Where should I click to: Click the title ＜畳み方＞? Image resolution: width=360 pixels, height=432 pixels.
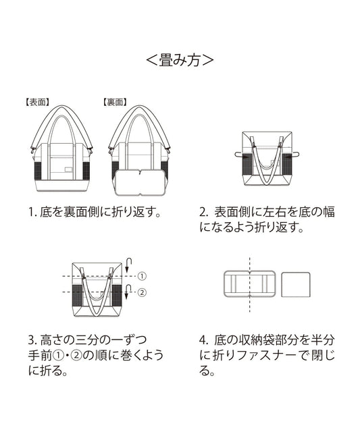pyautogui.click(x=180, y=60)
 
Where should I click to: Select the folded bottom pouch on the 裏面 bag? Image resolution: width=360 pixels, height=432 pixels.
pyautogui.click(x=140, y=182)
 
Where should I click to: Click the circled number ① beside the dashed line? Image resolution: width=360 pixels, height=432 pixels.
pyautogui.click(x=142, y=276)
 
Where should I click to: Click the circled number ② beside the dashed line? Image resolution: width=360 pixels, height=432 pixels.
pyautogui.click(x=142, y=292)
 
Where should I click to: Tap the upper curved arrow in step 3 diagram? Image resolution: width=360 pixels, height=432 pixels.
pyautogui.click(x=130, y=264)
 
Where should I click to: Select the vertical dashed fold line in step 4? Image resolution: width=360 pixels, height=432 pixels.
pyautogui.click(x=249, y=283)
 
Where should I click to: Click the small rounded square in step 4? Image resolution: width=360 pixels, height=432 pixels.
pyautogui.click(x=295, y=283)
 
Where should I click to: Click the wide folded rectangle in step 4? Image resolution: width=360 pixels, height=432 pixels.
pyautogui.click(x=249, y=283)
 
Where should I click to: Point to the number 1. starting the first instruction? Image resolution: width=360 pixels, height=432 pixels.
pyautogui.click(x=31, y=212)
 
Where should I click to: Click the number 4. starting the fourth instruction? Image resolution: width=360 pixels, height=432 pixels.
pyautogui.click(x=203, y=339)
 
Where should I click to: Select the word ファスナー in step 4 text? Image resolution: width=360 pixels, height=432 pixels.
pyautogui.click(x=262, y=355)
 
